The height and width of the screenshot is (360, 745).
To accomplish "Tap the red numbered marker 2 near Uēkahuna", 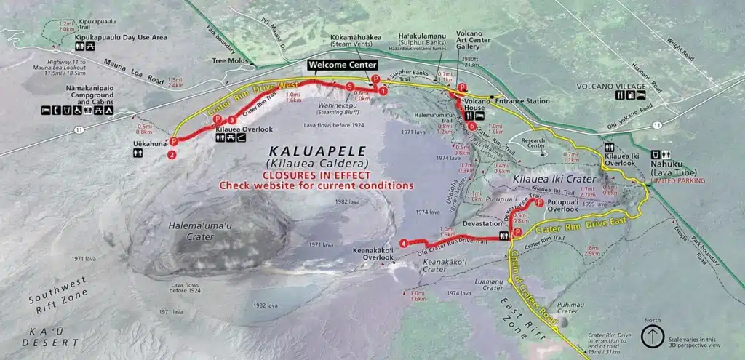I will coord(172,154).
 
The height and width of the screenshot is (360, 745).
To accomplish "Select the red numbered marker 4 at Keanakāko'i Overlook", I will coord(403,243).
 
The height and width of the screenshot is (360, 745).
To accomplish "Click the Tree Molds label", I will coord(228,61).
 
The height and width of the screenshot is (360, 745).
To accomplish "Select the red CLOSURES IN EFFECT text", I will coord(316,175).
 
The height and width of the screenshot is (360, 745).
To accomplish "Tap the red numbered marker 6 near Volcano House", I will coord(472,126).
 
